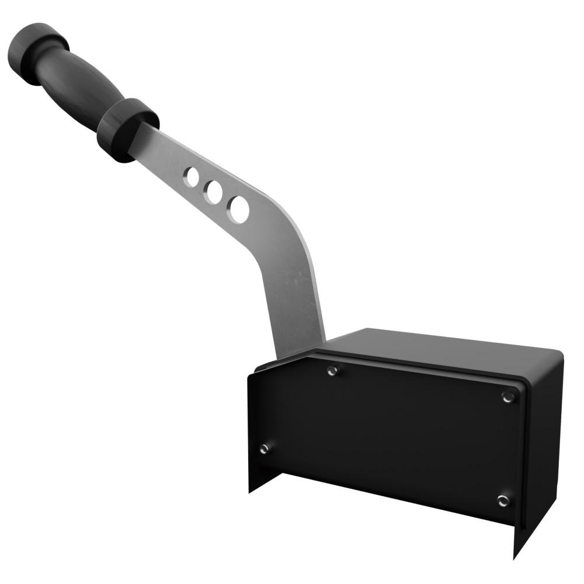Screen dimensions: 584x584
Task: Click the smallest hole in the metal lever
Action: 192,177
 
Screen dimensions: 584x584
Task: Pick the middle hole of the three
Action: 213,192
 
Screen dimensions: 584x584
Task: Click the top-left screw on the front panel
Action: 333,370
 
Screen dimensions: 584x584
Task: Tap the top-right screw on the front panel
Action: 507,397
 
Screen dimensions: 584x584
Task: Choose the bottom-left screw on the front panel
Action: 266,449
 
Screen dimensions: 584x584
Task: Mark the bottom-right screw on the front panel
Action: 502,500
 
